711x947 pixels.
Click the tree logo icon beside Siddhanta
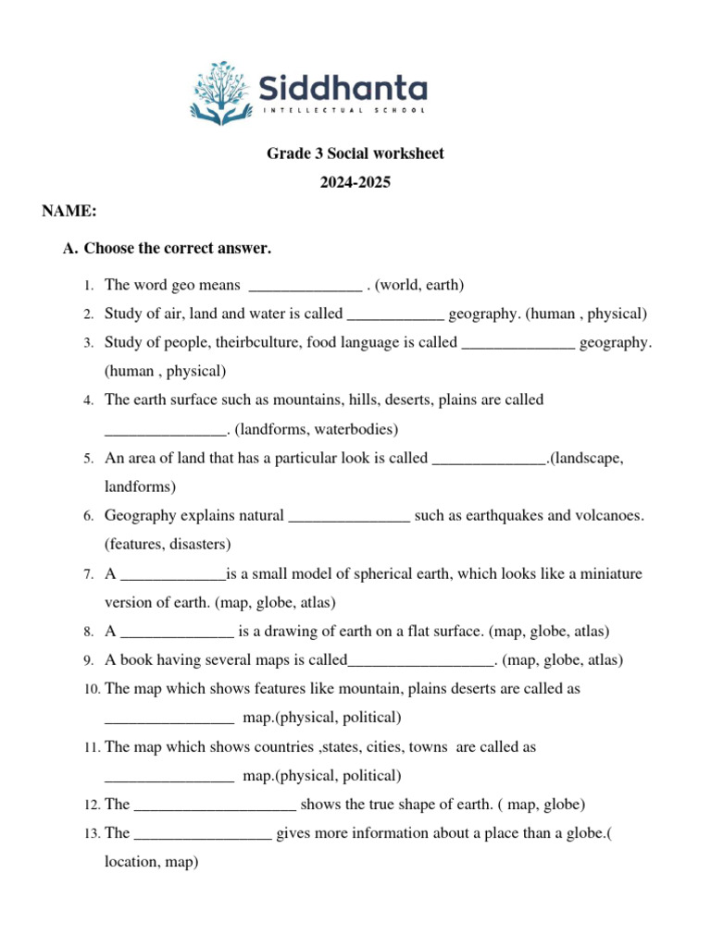pos(219,92)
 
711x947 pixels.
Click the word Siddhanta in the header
pos(342,89)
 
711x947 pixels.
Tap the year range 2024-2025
pos(355,182)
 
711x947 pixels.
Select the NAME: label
pos(69,212)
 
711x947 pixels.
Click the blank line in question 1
pos(306,286)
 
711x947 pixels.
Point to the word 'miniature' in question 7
pos(605,573)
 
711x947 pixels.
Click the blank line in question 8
pos(178,633)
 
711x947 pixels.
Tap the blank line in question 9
pos(422,661)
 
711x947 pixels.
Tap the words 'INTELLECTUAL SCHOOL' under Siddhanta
pos(345,110)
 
